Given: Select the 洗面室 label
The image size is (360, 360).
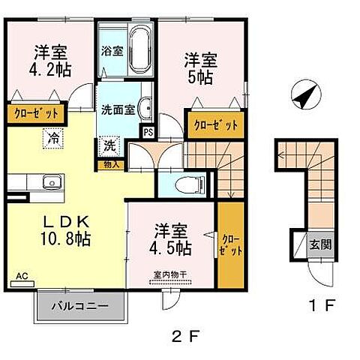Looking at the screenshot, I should (118, 108).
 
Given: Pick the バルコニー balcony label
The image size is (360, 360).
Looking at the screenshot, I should (80, 306).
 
